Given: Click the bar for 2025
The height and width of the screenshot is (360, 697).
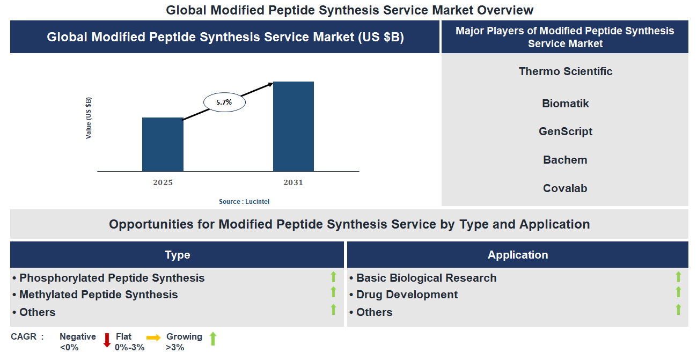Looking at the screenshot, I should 163,144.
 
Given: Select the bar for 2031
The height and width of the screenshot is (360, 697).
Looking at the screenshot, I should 293,127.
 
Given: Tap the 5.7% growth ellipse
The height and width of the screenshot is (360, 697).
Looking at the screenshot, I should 224,102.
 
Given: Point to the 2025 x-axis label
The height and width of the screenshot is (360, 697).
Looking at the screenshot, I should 163,182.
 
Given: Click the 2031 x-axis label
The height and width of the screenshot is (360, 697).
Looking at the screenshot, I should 293,182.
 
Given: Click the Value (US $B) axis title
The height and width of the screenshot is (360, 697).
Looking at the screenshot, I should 89,118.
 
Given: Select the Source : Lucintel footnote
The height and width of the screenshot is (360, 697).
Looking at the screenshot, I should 244,201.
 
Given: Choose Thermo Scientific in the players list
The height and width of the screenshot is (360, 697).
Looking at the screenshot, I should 565,71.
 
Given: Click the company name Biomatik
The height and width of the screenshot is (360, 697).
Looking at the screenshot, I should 565,104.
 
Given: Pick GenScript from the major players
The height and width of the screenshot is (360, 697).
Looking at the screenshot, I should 565,131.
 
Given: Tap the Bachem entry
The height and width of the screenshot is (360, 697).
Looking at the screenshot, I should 565,160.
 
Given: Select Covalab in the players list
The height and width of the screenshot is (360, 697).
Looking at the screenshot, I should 565,188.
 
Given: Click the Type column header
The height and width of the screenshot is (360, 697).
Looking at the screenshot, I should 177,255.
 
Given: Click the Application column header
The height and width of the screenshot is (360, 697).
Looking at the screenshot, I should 517,255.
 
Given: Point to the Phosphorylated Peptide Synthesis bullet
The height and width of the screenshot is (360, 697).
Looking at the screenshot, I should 112,278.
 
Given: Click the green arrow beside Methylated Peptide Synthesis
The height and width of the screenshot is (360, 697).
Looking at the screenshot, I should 333,292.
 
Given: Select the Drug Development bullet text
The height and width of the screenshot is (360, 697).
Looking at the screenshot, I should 407,295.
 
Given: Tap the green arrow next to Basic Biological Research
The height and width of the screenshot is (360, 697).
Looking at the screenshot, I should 678,277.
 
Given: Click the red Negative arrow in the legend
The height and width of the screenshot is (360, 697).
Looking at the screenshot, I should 107,340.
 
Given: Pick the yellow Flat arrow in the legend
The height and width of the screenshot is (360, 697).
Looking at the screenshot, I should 153,338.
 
